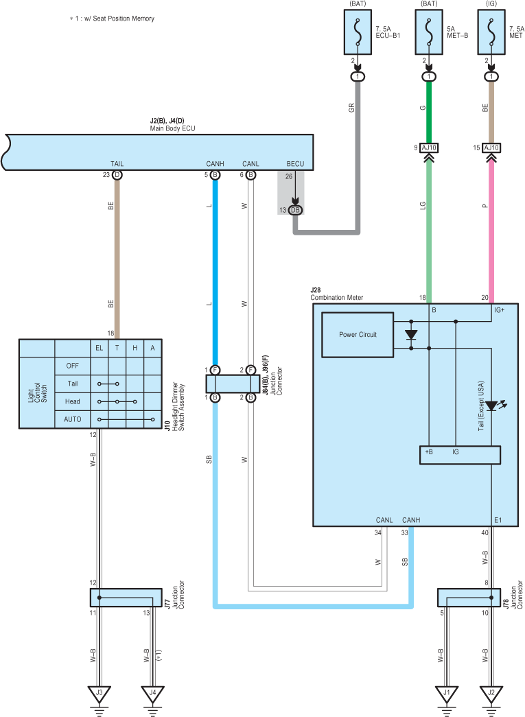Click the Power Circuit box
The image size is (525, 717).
click(358, 335)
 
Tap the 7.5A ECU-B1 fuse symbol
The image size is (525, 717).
click(358, 32)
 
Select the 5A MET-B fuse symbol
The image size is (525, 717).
click(429, 32)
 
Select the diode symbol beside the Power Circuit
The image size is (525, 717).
click(411, 335)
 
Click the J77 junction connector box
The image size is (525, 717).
click(126, 598)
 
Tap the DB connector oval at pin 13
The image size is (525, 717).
click(295, 210)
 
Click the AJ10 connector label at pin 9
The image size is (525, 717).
click(429, 148)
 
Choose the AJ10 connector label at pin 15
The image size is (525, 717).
click(491, 148)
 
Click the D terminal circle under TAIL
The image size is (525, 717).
click(117, 175)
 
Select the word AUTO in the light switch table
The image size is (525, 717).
click(72, 419)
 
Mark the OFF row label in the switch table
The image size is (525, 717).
click(72, 366)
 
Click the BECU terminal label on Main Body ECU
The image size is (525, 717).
click(295, 164)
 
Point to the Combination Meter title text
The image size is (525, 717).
click(336, 297)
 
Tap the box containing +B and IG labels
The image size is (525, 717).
click(460, 455)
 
